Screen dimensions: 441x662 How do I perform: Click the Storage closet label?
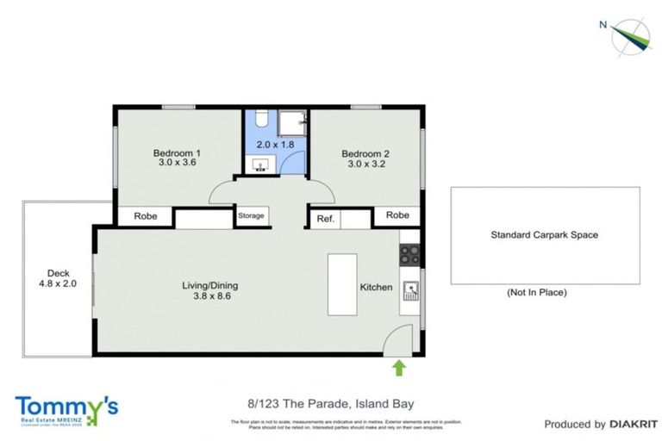[x=251, y=215]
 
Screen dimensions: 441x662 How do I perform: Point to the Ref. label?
[x=325, y=219]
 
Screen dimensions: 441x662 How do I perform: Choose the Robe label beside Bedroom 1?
[x=145, y=217]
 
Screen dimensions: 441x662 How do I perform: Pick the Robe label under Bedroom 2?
[x=397, y=215]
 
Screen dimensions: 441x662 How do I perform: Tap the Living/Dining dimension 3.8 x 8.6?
[x=209, y=295]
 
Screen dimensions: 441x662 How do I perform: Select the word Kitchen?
[x=376, y=287]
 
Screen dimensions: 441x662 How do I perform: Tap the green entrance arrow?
[x=399, y=370]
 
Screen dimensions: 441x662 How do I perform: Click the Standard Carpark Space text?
[x=544, y=235]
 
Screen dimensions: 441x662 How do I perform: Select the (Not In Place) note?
[x=536, y=293]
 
